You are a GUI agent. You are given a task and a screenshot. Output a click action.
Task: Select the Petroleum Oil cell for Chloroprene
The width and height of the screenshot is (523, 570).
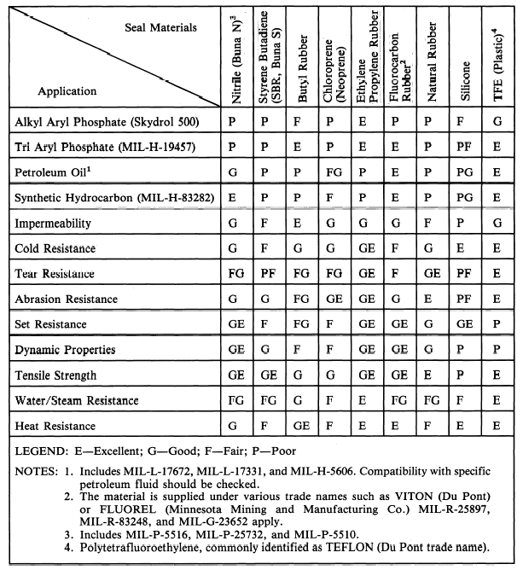point(337,171)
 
